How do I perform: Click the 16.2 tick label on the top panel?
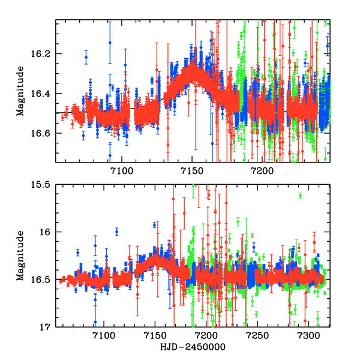[x=44, y=54]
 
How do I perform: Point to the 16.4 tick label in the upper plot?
[x=44, y=94]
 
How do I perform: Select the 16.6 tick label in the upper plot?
[x=44, y=133]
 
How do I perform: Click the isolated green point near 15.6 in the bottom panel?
[x=300, y=196]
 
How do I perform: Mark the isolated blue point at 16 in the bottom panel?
[x=116, y=232]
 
